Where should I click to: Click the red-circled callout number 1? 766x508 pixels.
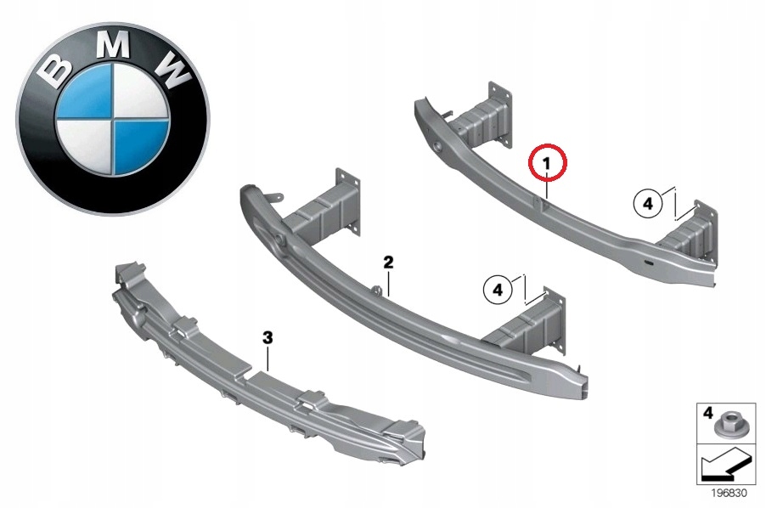tap(548, 162)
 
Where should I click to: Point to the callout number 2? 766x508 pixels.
tap(388, 263)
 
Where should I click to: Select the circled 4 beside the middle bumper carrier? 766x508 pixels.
tap(498, 290)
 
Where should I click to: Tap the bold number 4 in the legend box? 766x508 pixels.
tap(707, 412)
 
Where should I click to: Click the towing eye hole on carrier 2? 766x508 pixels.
tap(279, 242)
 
